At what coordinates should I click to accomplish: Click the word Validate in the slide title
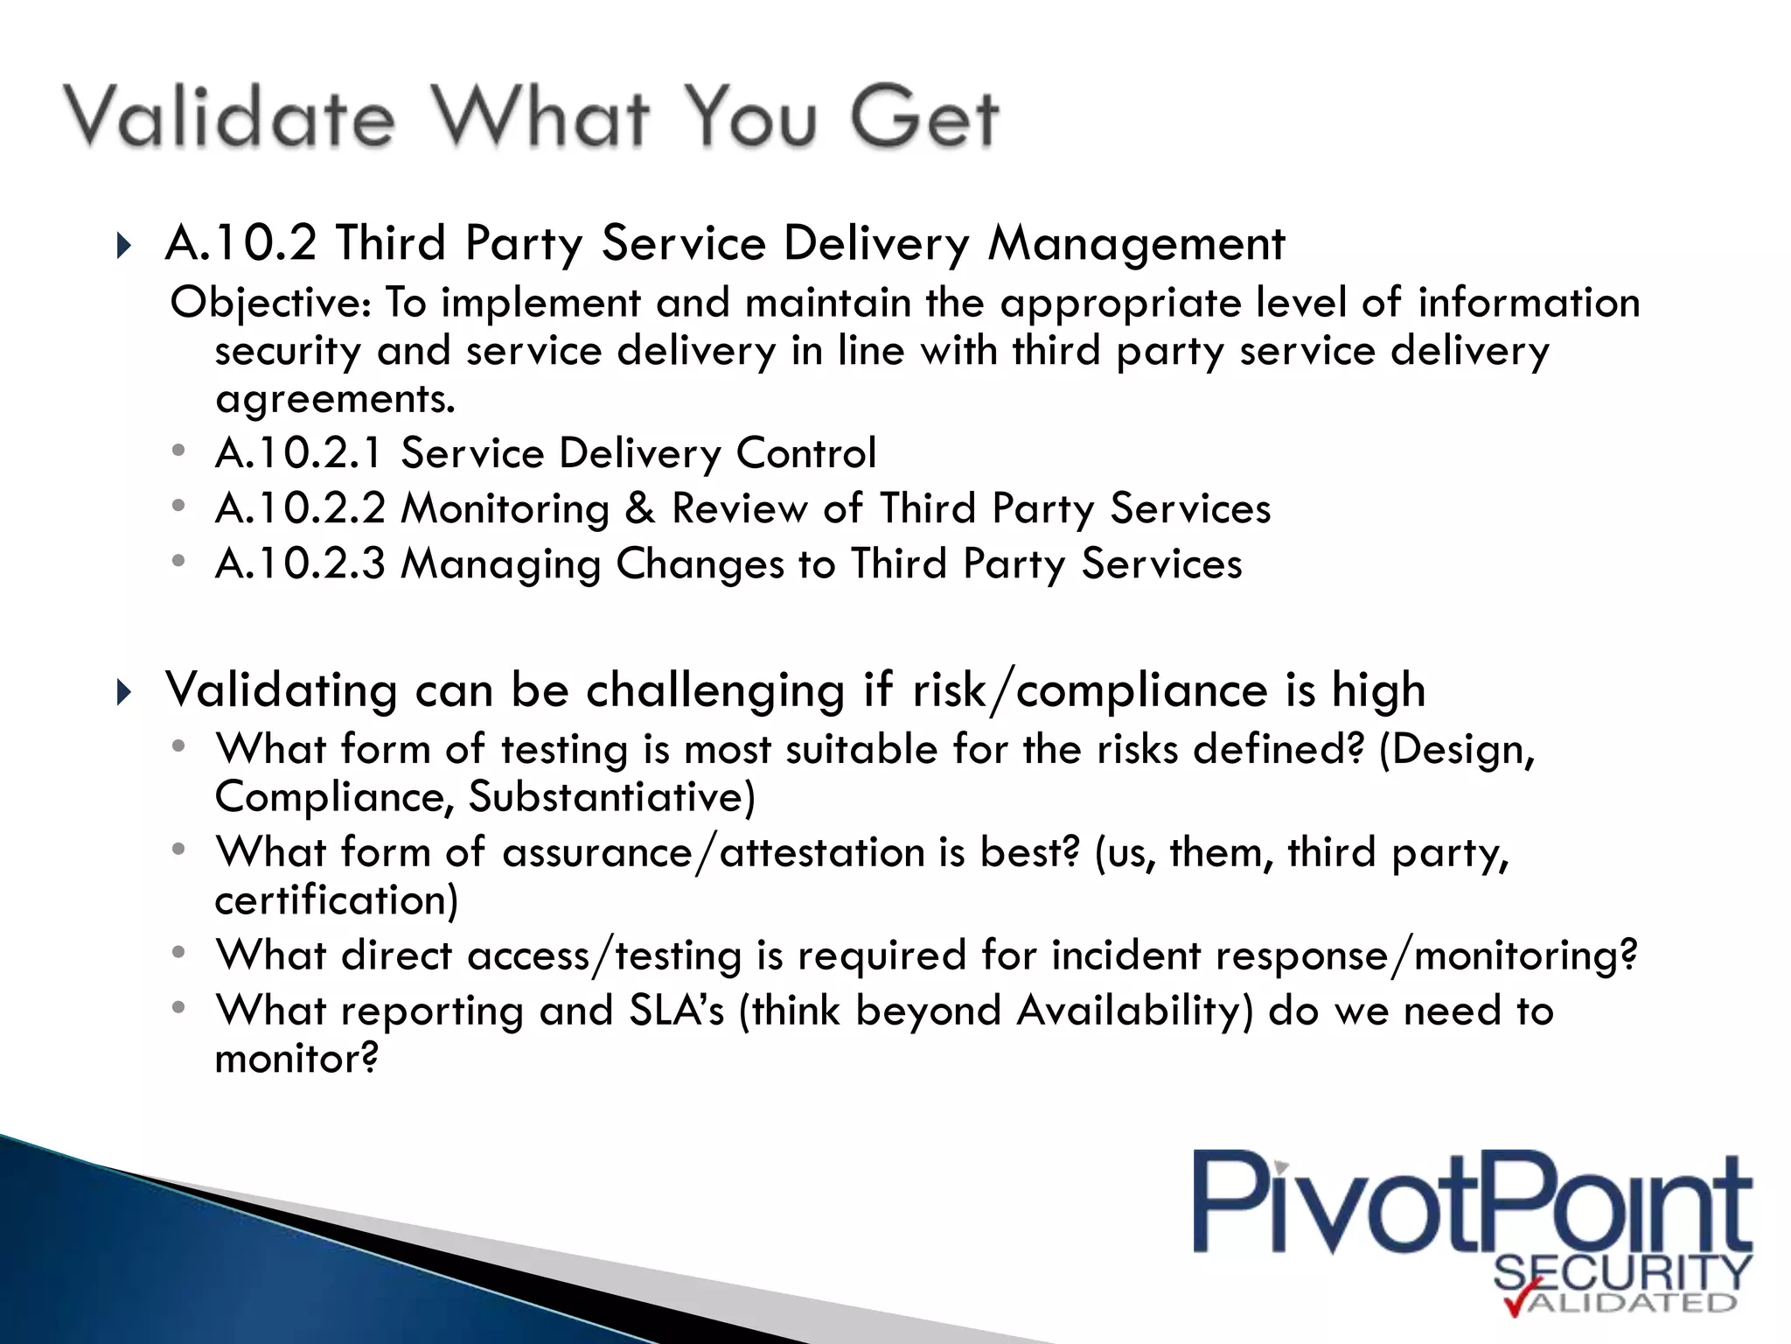tap(229, 117)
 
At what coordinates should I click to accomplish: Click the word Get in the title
tap(924, 117)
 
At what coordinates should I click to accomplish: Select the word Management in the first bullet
tap(1136, 244)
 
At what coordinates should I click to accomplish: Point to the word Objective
tap(271, 304)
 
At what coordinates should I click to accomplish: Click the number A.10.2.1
tap(299, 453)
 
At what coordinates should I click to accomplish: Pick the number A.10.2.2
tap(299, 508)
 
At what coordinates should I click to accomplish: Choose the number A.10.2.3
tap(299, 563)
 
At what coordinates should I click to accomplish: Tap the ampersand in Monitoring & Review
tap(640, 508)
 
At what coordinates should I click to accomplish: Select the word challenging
tap(715, 691)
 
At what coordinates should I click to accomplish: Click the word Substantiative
tap(611, 797)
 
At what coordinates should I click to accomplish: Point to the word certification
tap(336, 900)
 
